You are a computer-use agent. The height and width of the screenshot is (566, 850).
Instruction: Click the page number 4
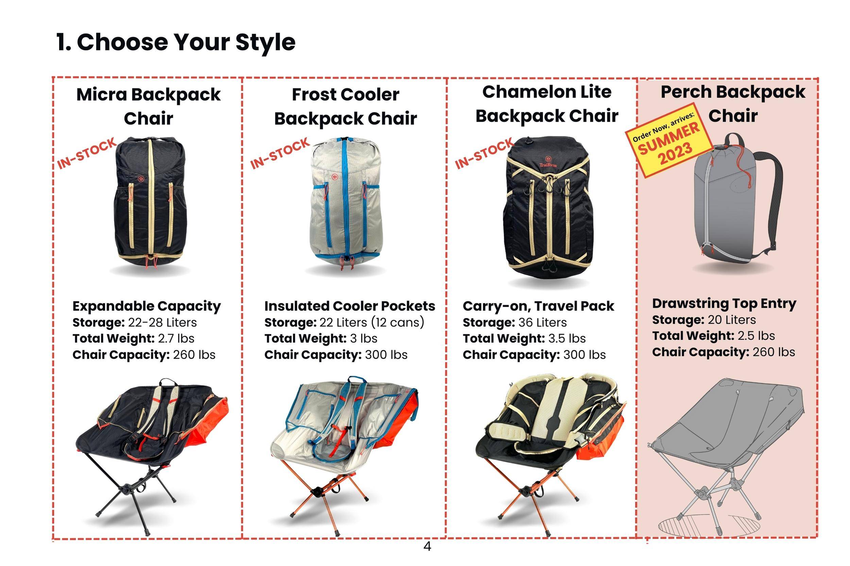pos(427,546)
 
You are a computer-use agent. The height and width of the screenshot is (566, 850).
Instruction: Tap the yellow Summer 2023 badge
pos(669,140)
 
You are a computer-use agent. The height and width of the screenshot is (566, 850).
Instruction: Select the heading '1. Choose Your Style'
pos(175,42)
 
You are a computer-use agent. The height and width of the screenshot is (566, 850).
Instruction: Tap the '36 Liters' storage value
pos(543,322)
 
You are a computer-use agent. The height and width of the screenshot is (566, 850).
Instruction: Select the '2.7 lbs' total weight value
pos(176,338)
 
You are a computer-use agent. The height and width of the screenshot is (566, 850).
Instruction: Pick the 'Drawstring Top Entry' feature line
pos(724,304)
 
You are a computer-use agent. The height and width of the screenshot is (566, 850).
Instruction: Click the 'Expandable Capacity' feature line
pos(146,306)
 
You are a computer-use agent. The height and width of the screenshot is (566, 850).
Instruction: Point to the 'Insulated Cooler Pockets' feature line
pos(350,306)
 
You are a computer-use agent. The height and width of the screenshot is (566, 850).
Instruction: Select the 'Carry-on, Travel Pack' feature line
pos(538,306)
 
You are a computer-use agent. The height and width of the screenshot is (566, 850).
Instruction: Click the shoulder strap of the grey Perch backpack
pos(774,195)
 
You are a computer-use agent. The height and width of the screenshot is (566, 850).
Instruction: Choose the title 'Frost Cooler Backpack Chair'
pos(345,106)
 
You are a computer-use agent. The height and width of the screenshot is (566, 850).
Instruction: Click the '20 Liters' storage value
pos(732,320)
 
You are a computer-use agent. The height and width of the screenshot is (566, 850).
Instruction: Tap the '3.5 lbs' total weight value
pos(567,338)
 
